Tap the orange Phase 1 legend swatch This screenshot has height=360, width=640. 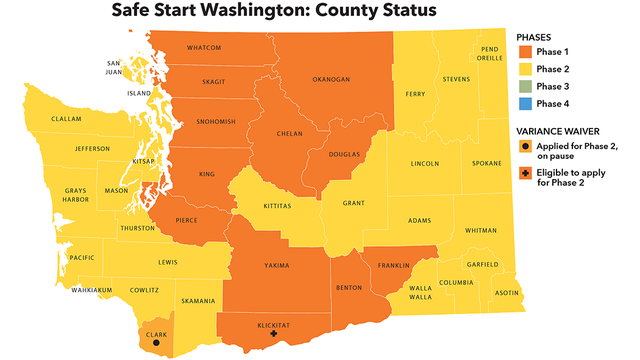pos(525,50)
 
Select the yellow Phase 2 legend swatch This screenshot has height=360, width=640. pos(525,68)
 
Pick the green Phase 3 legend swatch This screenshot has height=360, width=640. pos(525,85)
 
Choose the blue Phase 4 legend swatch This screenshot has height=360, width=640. pos(525,103)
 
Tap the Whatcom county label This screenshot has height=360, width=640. pos(204,48)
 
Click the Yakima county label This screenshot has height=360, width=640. pos(275,265)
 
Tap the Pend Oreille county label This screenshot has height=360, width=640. pos(490,53)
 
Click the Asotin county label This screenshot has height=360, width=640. pos(508,293)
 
